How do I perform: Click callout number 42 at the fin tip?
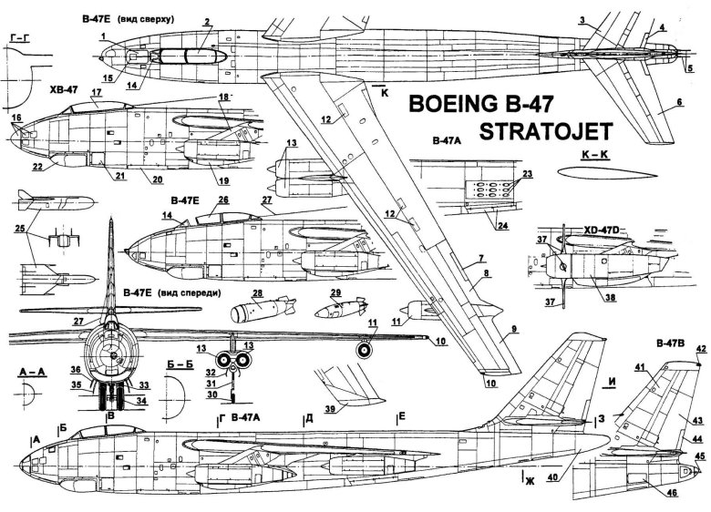tap(700, 348)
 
